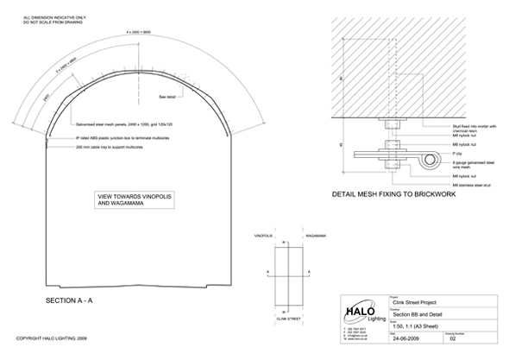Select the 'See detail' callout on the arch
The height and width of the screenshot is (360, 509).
[169, 98]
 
